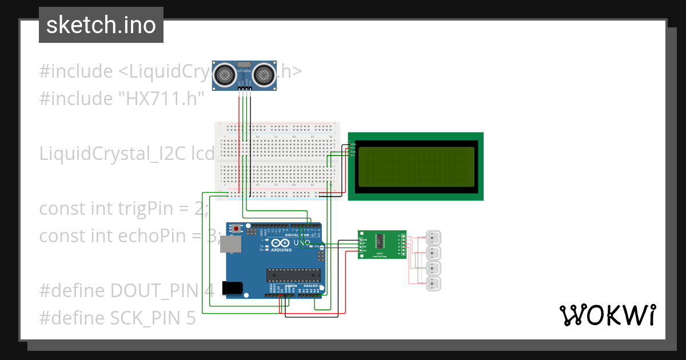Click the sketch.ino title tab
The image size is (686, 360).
click(x=101, y=25)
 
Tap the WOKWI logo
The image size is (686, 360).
click(x=607, y=315)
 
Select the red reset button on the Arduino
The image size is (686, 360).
click(x=236, y=229)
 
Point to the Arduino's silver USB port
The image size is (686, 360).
click(x=232, y=245)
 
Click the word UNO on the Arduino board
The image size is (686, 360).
click(x=302, y=243)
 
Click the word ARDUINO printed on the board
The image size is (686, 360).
click(x=281, y=250)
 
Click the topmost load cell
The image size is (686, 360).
click(x=434, y=237)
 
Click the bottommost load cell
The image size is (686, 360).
click(x=434, y=283)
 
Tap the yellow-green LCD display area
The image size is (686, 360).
click(x=416, y=167)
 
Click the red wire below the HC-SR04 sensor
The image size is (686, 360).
click(x=239, y=114)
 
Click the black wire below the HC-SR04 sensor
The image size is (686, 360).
click(x=250, y=114)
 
